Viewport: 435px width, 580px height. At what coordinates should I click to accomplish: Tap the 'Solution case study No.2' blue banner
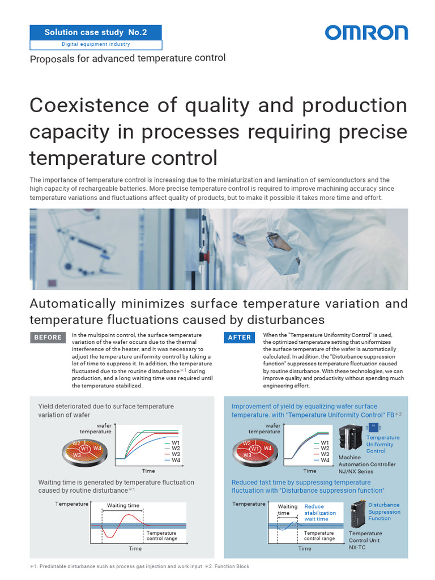click(96, 32)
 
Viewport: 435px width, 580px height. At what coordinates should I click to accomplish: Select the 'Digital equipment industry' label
click(96, 45)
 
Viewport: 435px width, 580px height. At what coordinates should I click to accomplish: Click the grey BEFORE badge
click(48, 338)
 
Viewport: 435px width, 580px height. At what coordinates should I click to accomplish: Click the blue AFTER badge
click(239, 338)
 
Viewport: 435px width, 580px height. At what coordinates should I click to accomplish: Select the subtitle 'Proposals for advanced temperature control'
click(127, 58)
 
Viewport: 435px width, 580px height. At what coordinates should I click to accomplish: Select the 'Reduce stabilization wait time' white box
click(321, 513)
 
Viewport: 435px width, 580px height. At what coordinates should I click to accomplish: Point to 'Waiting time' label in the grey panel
click(123, 505)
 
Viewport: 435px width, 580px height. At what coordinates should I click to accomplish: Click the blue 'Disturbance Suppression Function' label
click(383, 511)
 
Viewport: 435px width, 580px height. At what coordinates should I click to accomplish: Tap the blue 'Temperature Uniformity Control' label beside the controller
click(382, 444)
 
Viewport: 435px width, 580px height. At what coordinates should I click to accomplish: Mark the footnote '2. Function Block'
click(227, 566)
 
